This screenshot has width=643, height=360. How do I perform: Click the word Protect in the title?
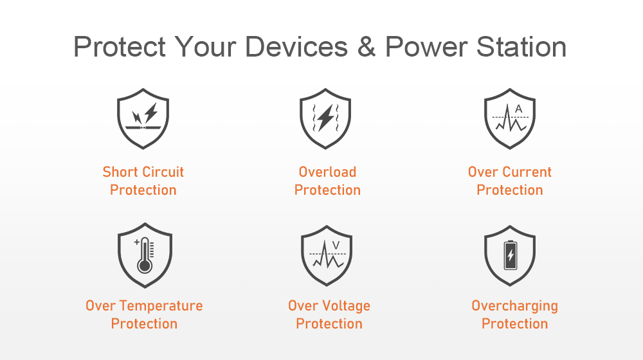[120, 46]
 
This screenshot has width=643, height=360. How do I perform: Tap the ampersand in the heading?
[367, 47]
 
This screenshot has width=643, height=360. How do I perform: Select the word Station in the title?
[521, 46]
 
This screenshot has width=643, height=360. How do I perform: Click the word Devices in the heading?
[296, 46]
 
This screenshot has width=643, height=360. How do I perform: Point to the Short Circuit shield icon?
[143, 118]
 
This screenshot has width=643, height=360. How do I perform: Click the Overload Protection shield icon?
[325, 118]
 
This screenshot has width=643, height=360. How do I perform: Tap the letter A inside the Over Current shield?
[519, 109]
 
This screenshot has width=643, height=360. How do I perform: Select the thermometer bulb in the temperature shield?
[144, 265]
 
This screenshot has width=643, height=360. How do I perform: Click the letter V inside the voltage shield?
[336, 245]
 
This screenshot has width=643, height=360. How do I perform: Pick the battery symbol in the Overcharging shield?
[510, 255]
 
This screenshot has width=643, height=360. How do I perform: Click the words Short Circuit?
[143, 172]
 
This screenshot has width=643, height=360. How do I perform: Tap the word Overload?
[327, 172]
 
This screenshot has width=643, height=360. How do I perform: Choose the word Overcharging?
[514, 306]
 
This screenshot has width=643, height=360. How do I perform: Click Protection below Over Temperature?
[144, 323]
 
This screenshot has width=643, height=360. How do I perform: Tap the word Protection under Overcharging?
[514, 323]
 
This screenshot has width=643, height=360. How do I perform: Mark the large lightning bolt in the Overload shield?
[325, 118]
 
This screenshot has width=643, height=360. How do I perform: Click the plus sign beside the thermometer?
[137, 242]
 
